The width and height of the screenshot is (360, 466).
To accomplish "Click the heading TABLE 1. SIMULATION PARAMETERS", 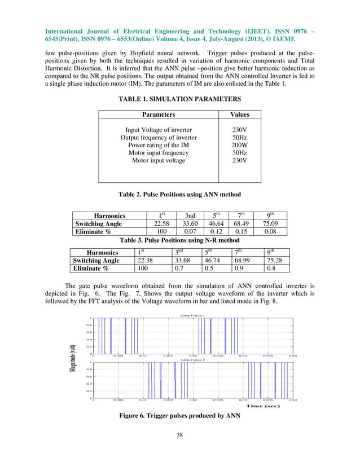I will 180,99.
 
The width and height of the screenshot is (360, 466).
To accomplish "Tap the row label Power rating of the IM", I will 159,145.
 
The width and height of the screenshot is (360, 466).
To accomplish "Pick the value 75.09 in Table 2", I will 274,224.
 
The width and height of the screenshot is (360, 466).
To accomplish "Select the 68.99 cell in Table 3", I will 242,260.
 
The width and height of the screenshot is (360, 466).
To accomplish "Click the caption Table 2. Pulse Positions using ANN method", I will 179,195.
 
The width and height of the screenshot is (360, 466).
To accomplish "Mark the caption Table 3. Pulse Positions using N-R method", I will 179,240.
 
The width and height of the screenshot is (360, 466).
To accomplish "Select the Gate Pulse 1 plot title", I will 192,314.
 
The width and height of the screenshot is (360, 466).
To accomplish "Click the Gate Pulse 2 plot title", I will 192,359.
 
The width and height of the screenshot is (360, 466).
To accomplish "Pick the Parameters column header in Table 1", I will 159,114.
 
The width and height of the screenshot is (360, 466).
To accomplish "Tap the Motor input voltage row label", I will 159,161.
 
